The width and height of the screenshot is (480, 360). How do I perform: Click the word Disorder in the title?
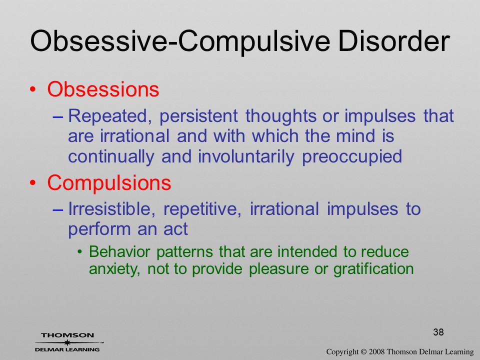pyautogui.click(x=394, y=40)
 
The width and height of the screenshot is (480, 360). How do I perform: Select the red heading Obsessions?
pyautogui.click(x=103, y=89)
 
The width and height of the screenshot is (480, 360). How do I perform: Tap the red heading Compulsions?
pyautogui.click(x=109, y=183)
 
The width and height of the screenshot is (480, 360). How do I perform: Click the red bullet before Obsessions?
pyautogui.click(x=33, y=89)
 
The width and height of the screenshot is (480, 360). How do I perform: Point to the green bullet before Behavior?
pyautogui.click(x=80, y=252)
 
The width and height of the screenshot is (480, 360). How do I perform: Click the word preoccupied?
pyautogui.click(x=352, y=156)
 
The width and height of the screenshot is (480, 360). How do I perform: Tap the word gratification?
pyautogui.click(x=373, y=269)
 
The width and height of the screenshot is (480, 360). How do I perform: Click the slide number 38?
pyautogui.click(x=438, y=332)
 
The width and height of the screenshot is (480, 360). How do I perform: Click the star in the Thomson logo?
pyautogui.click(x=67, y=342)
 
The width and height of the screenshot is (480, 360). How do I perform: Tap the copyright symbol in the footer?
pyautogui.click(x=363, y=352)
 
